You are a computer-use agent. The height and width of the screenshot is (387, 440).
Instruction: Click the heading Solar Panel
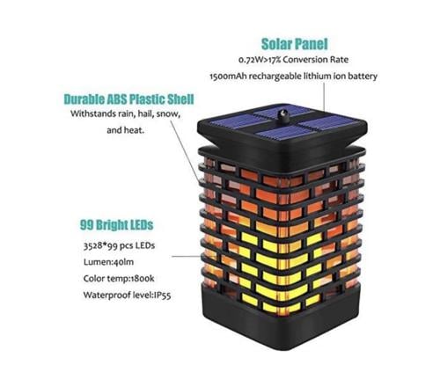click(x=294, y=44)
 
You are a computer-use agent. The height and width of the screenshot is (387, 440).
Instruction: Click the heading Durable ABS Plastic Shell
click(x=128, y=99)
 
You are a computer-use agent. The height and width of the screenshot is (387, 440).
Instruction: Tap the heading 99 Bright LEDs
click(x=116, y=225)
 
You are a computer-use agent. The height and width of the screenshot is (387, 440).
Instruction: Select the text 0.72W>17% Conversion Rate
click(x=293, y=60)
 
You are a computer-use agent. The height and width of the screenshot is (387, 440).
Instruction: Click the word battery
click(x=363, y=77)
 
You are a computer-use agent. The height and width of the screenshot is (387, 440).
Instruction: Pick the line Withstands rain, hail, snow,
click(x=125, y=113)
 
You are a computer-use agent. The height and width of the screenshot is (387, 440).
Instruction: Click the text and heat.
click(x=125, y=130)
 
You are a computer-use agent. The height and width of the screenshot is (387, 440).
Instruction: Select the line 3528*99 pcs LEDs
click(x=119, y=245)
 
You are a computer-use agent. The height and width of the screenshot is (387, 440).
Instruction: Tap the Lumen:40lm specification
click(x=108, y=262)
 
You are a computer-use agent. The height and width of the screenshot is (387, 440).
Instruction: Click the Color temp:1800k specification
click(x=119, y=278)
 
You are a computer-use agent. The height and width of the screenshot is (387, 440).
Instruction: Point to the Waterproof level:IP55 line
click(x=127, y=295)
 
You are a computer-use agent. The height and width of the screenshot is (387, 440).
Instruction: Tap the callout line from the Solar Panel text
click(x=324, y=97)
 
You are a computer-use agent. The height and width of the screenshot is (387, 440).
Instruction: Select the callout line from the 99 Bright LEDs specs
click(x=186, y=256)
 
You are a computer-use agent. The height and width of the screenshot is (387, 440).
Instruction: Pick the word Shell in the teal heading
click(x=180, y=99)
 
